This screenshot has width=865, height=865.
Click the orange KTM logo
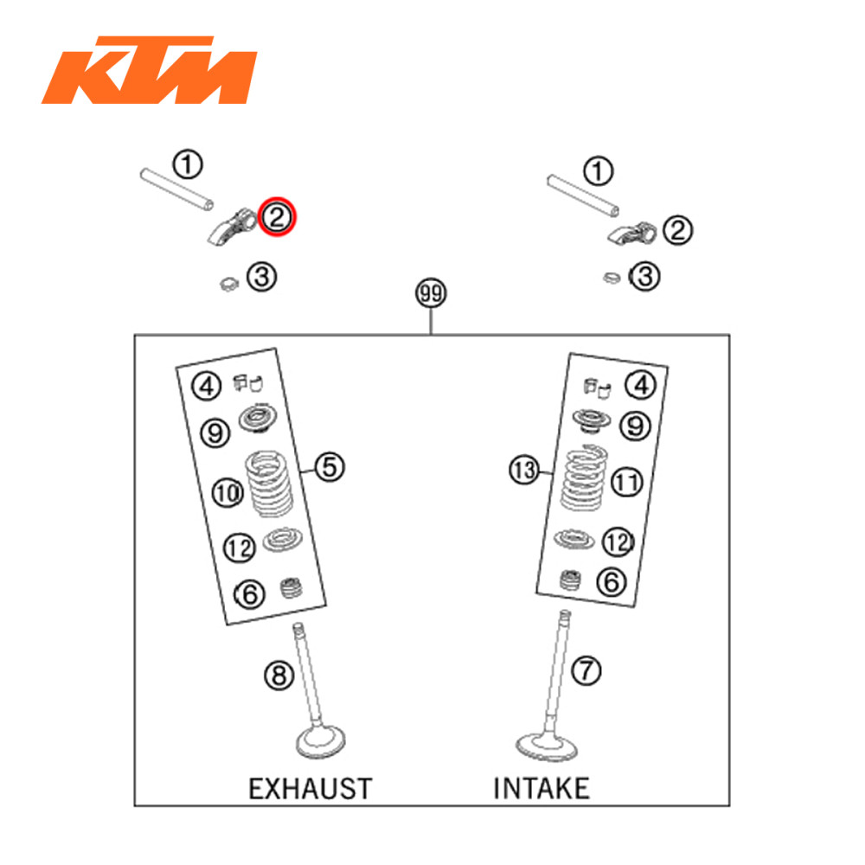148,70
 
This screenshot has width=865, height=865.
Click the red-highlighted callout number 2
278,216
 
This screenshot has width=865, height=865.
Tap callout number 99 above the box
430,294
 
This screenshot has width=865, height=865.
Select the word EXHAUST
310,788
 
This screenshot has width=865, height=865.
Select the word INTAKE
541,788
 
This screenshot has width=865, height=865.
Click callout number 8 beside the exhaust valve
279,676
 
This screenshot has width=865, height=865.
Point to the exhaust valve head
321,741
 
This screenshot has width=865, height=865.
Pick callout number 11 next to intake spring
627,481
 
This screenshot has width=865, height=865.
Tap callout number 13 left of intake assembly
523,471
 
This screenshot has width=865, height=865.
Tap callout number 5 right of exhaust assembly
330,468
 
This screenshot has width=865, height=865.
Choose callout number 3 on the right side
644,276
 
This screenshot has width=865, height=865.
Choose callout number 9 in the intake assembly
636,425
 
